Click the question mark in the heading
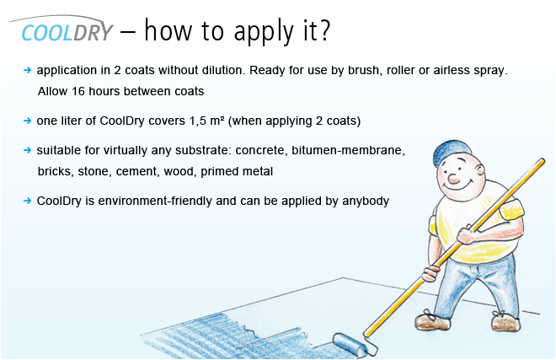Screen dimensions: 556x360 tap(324, 30)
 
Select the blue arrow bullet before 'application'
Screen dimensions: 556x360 tap(27, 70)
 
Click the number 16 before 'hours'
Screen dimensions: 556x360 tap(78, 91)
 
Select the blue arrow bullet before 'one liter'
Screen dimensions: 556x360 tap(27, 121)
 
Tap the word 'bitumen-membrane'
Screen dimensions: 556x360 tap(348, 150)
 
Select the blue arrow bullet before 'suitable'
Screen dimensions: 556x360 tap(27, 150)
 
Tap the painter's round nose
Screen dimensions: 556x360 tap(453, 179)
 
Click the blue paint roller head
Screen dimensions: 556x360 tap(350, 344)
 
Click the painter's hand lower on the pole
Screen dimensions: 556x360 tap(430, 273)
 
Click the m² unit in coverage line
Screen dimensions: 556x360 tap(217, 121)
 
